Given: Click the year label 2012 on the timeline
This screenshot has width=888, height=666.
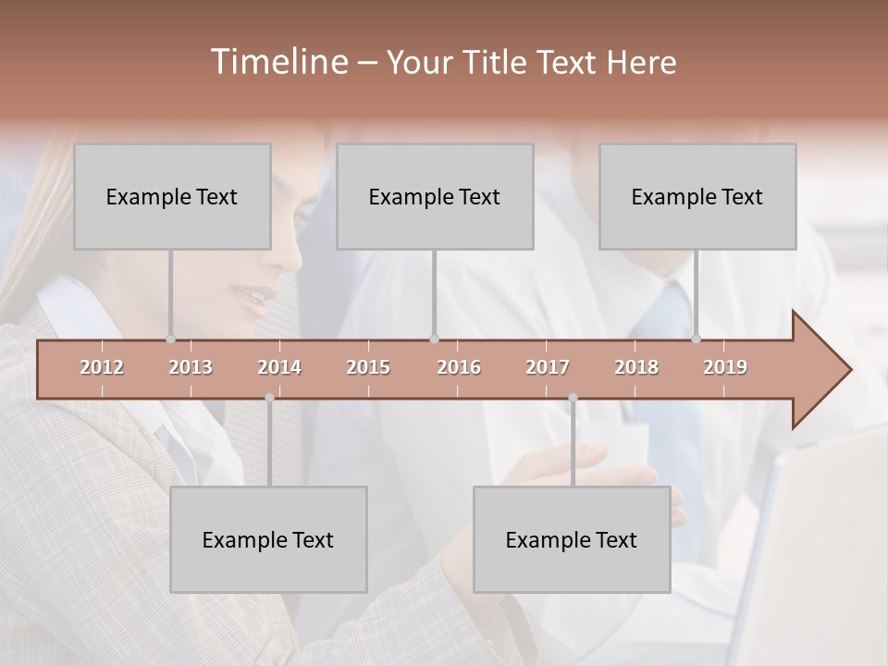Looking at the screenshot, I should [102, 367].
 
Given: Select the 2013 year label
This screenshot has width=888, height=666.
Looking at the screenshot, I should [191, 367].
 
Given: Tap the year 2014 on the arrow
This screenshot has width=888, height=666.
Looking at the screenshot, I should [279, 367].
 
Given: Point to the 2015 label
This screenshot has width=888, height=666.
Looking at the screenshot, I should [368, 367].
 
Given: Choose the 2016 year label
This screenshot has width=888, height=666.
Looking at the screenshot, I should [459, 367].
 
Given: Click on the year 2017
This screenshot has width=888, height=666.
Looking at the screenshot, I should [548, 367].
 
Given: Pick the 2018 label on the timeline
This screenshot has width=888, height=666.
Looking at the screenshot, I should [636, 367].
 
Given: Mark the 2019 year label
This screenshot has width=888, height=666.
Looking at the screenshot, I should [725, 367].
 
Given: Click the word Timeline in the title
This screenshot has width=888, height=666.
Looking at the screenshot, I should [277, 62].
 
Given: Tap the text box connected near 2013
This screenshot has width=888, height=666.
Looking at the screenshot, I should [172, 196].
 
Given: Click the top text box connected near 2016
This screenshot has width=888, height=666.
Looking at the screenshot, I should [435, 196].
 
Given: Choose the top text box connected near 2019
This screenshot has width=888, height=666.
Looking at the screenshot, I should [697, 196].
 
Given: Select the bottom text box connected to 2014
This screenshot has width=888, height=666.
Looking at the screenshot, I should [268, 539].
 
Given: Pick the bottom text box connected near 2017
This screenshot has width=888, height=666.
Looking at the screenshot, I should [572, 539].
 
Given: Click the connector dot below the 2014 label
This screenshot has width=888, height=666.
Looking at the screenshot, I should [269, 398].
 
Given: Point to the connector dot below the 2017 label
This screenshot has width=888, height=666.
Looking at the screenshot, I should [573, 398].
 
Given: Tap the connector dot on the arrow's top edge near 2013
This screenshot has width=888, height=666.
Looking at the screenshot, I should [170, 339].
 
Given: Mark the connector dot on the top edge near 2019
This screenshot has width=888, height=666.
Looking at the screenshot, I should [696, 339].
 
